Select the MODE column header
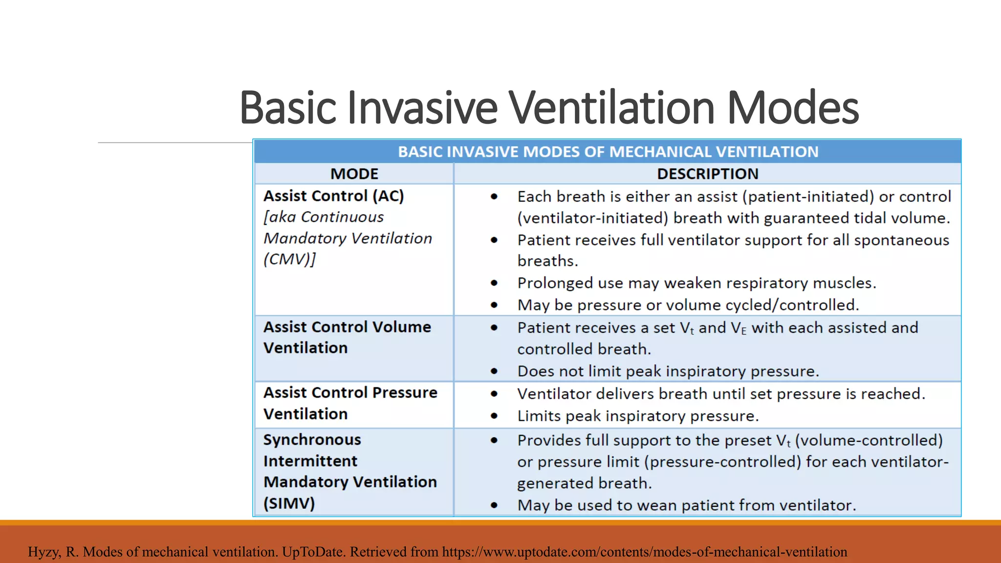354,174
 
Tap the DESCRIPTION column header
707,174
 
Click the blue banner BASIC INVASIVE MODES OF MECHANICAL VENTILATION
608,152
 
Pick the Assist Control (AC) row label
334,196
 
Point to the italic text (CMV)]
290,259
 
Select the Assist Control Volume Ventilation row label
347,337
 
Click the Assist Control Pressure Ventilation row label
350,403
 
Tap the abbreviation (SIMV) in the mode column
289,503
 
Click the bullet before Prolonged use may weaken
494,283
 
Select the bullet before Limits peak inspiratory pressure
494,416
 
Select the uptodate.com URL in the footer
644,552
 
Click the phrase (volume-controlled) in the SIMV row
869,440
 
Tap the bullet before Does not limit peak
494,371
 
